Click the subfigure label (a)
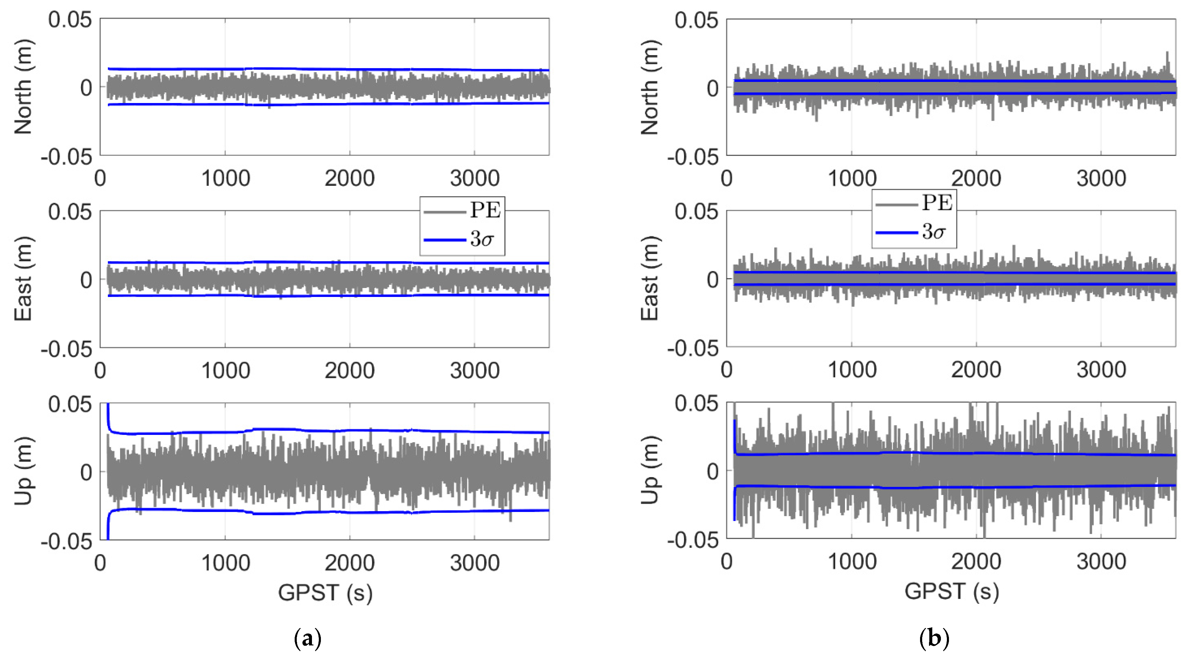[308, 639]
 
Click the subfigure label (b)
[934, 639]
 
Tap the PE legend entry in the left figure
[485, 211]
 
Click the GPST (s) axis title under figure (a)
[325, 592]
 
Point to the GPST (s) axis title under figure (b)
[952, 592]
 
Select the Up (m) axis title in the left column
[23, 471]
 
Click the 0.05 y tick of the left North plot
[70, 20]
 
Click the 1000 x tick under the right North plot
[852, 179]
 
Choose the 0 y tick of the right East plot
[713, 279]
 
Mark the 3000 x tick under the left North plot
[475, 179]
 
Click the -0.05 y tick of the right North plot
[693, 158]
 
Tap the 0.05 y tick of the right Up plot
[697, 404]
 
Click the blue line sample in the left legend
[445, 240]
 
